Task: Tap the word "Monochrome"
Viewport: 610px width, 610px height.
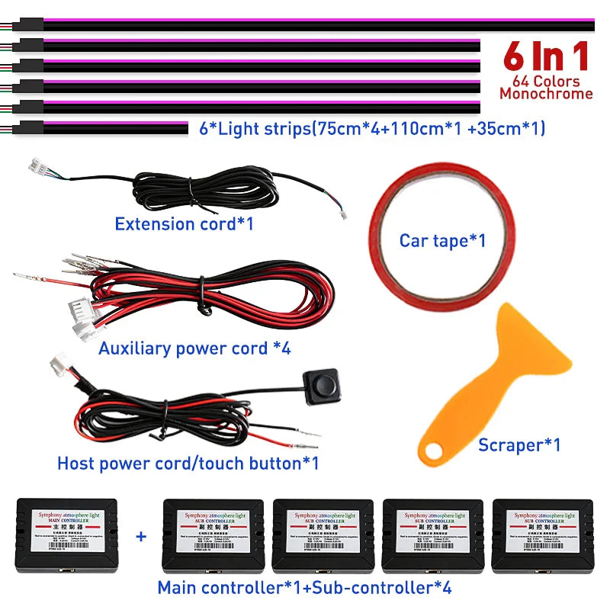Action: pyautogui.click(x=546, y=94)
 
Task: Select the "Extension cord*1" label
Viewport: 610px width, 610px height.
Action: pyautogui.click(x=184, y=224)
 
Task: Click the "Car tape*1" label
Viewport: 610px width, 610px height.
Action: pyautogui.click(x=442, y=241)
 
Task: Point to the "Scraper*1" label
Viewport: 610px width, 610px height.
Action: pyautogui.click(x=519, y=445)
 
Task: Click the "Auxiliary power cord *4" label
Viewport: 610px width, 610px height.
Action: pyautogui.click(x=194, y=348)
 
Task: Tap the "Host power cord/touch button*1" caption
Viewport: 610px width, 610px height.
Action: pyautogui.click(x=188, y=463)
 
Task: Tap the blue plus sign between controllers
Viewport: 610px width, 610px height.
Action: pyautogui.click(x=140, y=536)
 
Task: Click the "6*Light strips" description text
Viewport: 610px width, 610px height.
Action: pyautogui.click(x=372, y=129)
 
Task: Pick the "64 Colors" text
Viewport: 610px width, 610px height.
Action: pyautogui.click(x=546, y=81)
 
